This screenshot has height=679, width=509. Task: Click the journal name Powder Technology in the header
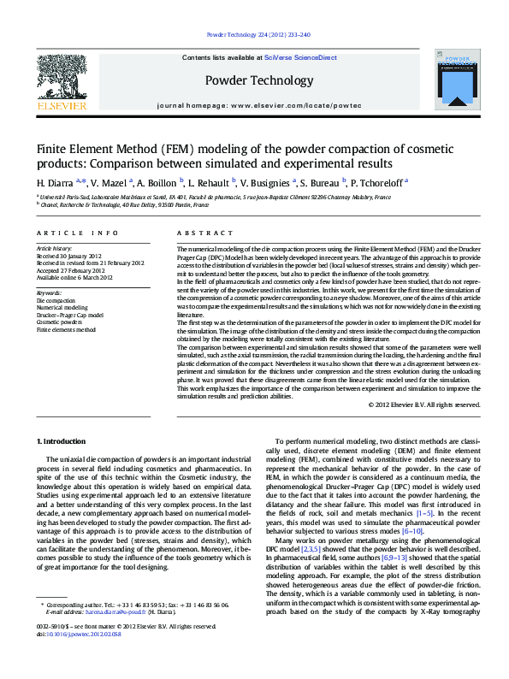click(258, 81)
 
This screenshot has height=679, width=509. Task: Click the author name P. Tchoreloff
click(379, 182)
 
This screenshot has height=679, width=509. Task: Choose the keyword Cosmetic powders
click(59, 322)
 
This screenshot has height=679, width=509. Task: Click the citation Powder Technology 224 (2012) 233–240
click(258, 35)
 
